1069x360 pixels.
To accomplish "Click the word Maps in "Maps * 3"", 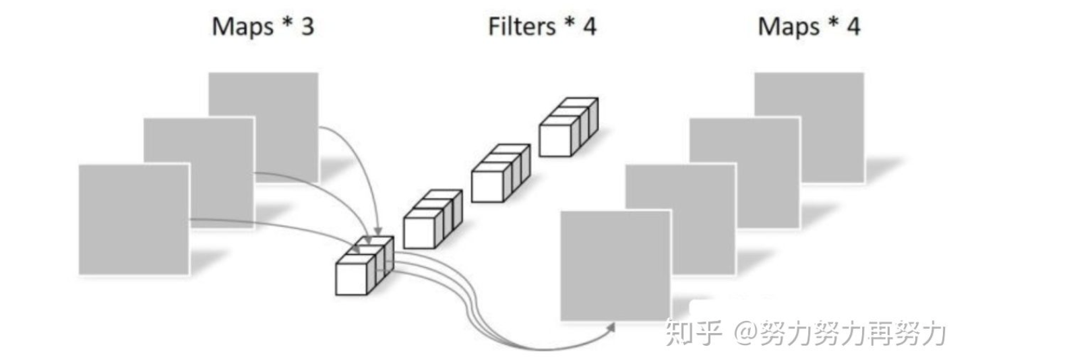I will point(242,27).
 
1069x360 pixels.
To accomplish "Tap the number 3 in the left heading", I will point(307,26).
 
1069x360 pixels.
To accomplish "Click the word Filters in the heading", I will point(522,26).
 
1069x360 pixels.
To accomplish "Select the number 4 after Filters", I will point(590,26).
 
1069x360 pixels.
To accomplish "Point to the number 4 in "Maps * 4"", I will point(853,26).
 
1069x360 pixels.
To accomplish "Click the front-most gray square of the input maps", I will point(133,219).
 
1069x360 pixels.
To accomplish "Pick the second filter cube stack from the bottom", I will point(431,218).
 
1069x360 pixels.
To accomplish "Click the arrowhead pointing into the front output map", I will point(611,327).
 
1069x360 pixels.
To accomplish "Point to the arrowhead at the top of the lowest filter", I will point(377,232).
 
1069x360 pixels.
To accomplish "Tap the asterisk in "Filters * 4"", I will point(570,24).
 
